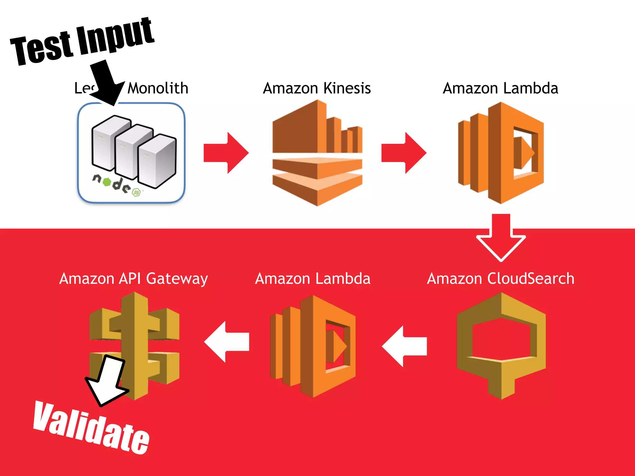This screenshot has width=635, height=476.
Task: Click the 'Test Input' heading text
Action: [82, 42]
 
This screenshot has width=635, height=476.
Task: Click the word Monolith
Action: [158, 88]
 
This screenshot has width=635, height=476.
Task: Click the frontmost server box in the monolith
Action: [157, 161]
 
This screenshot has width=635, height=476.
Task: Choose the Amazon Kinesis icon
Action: [317, 152]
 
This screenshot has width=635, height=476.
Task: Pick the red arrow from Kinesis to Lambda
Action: [404, 153]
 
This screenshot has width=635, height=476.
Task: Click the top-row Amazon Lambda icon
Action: [501, 152]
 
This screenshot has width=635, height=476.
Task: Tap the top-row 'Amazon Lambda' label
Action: [500, 88]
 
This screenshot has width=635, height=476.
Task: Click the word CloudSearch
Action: [531, 278]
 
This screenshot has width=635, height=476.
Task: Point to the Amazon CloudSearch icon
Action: [501, 346]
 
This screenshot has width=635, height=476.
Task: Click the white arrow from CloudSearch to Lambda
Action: [404, 346]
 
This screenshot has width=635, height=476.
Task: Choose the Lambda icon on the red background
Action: [313, 346]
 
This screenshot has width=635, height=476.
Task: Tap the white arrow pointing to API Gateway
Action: [227, 342]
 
